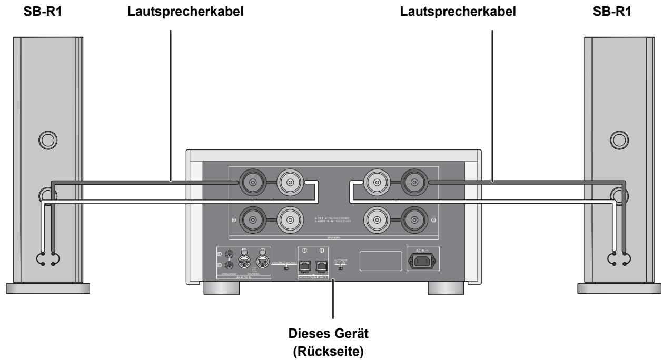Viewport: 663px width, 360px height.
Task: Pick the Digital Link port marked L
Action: point(321,259)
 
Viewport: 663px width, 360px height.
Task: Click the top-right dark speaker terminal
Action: point(415,183)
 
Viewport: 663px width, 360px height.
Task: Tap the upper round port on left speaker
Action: point(46,139)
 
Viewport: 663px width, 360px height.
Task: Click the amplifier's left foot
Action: point(220,289)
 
